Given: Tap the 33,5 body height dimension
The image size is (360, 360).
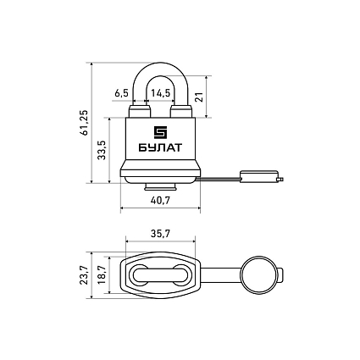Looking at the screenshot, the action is (102, 150).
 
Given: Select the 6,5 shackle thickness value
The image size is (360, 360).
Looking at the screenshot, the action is (121, 93).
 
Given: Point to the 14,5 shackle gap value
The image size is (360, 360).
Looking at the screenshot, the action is (161, 93).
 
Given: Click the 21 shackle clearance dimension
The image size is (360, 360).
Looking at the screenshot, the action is (199, 97).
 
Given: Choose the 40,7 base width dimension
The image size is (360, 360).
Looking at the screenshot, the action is (160, 201).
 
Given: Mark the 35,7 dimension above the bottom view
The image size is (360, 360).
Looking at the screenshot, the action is (160, 234).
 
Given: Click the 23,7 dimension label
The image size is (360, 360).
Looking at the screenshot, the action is (84, 275).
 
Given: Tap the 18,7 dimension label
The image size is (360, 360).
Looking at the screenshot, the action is (102, 275).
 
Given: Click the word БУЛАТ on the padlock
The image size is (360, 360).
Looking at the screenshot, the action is (160, 147).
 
